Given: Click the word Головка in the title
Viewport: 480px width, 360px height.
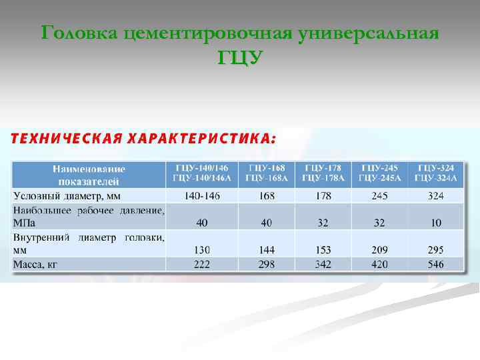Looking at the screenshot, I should click(x=79, y=33).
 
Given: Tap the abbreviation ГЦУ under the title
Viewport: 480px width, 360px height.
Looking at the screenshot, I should click(x=240, y=58).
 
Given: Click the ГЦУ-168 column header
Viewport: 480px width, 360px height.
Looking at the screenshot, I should click(x=267, y=173).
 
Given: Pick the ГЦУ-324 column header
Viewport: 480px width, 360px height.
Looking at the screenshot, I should click(x=437, y=173).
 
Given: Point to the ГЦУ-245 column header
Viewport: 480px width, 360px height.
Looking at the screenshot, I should click(x=380, y=173).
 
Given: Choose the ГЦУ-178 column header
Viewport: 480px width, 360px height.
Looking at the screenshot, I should click(x=323, y=173).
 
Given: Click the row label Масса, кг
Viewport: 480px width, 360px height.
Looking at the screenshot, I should click(x=35, y=265).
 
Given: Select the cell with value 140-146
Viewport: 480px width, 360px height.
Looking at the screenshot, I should click(x=202, y=196).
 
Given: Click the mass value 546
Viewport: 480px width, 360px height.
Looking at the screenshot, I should click(x=436, y=265).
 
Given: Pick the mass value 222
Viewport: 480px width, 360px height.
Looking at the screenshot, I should click(x=202, y=265).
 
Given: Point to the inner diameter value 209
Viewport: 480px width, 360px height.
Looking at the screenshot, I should click(x=379, y=250).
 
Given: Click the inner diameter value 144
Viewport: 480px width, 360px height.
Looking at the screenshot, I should click(x=267, y=250).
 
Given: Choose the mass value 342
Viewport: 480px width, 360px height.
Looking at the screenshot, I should click(x=323, y=265).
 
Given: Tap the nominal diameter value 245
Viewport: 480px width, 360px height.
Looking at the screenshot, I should click(x=379, y=196).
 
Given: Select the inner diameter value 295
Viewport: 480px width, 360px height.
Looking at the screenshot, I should click(x=436, y=250).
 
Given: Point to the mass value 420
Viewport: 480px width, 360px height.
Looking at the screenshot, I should click(x=379, y=265).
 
